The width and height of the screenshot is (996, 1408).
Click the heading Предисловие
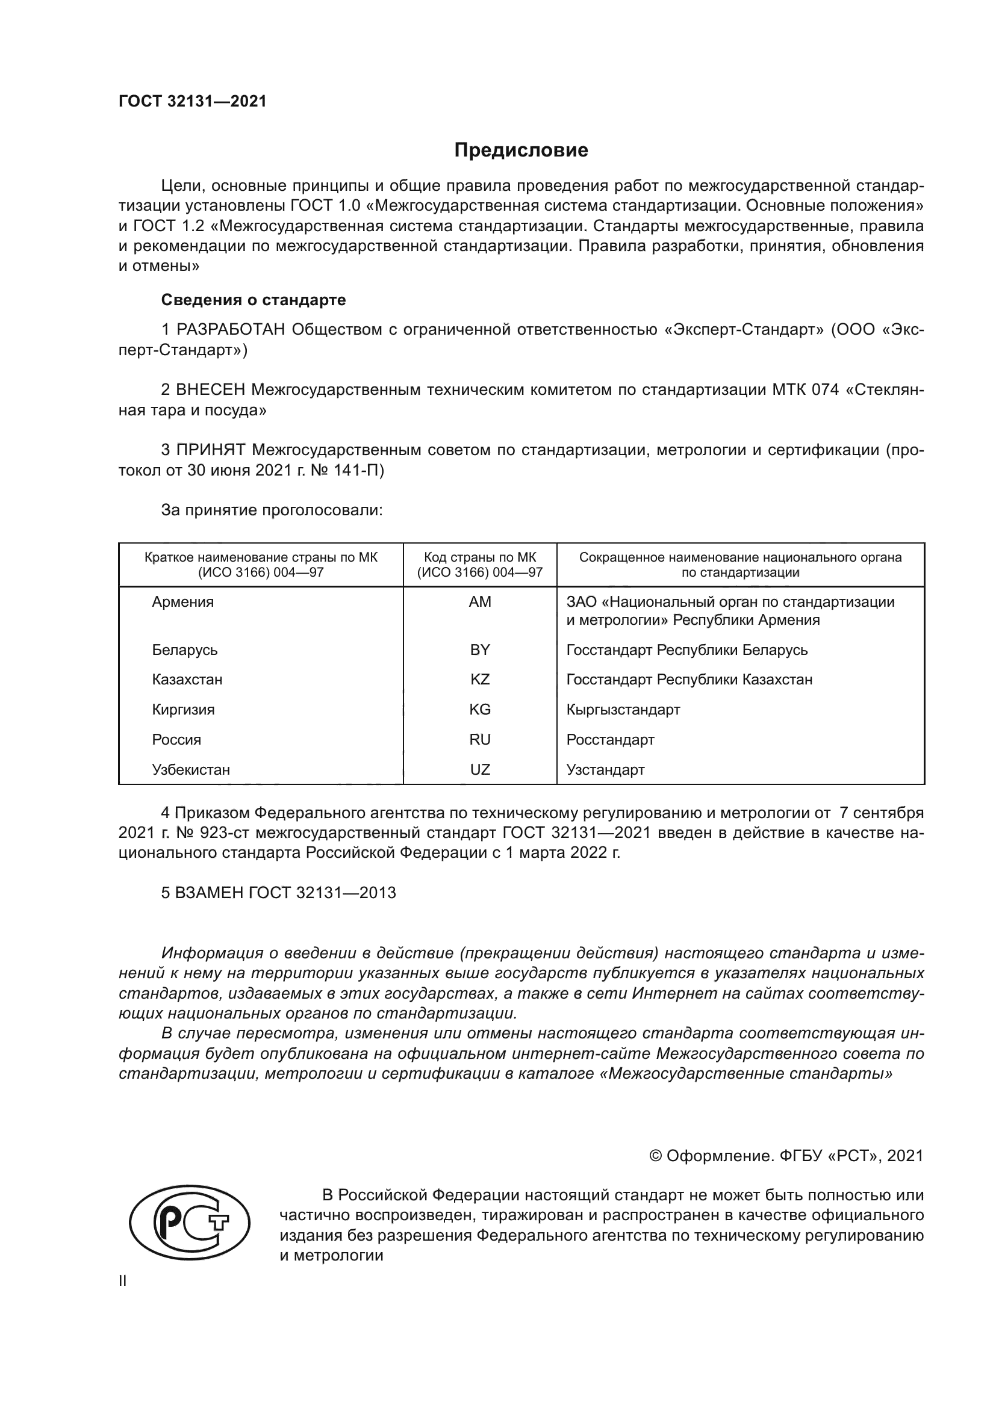coord(521,150)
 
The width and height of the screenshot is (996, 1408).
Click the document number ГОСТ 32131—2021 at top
coord(193,101)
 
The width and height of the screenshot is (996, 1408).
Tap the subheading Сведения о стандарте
coord(254,300)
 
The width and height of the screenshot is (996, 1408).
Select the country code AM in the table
coord(479,601)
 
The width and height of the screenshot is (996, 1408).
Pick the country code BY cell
coord(479,650)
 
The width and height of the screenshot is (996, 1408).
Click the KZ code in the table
coord(479,680)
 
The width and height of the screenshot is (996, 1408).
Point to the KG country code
coord(479,710)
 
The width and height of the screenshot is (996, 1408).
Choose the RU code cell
coord(479,740)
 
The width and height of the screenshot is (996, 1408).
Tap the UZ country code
coord(479,770)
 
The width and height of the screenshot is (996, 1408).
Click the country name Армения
coord(183,601)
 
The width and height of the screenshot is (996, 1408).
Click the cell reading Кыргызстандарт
coord(623,710)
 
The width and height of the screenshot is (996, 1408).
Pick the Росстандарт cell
coord(610,740)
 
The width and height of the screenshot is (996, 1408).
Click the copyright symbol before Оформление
coord(655,1156)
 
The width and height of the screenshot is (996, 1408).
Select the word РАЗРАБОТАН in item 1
coord(231,330)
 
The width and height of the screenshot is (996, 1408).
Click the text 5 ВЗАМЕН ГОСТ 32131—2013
coord(278,893)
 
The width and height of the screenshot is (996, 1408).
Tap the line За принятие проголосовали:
coord(272,510)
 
